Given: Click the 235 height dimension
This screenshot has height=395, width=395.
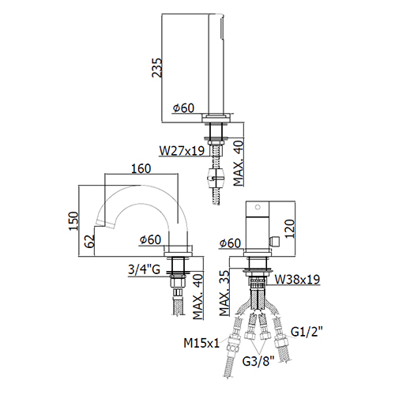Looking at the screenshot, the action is pyautogui.click(x=157, y=68).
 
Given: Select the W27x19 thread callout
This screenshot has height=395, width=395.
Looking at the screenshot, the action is pyautogui.click(x=182, y=151).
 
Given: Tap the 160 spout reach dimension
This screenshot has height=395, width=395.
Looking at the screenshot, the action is pyautogui.click(x=141, y=168).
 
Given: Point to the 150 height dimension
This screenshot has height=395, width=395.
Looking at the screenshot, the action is pyautogui.click(x=73, y=221).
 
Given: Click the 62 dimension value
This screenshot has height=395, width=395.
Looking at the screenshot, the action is pyautogui.click(x=89, y=241).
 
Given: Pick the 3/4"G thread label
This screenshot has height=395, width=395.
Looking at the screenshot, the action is pyautogui.click(x=144, y=269).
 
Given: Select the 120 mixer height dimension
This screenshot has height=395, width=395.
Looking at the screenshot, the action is pyautogui.click(x=289, y=228).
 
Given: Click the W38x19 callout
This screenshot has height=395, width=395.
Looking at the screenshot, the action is pyautogui.click(x=297, y=279).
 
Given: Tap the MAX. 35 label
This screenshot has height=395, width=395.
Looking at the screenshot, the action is pyautogui.click(x=224, y=293).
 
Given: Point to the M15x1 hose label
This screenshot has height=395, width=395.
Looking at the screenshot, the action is pyautogui.click(x=201, y=343).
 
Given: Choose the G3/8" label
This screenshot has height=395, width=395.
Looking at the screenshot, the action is pyautogui.click(x=258, y=361).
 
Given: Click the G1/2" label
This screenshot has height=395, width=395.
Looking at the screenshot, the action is pyautogui.click(x=307, y=332).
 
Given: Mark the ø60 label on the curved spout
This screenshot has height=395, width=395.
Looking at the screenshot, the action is pyautogui.click(x=150, y=239).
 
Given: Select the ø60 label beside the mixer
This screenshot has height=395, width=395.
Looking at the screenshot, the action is pyautogui.click(x=230, y=243).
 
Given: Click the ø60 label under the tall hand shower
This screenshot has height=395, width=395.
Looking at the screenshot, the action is pyautogui.click(x=183, y=108).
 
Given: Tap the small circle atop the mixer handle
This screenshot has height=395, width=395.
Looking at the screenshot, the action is pyautogui.click(x=258, y=207).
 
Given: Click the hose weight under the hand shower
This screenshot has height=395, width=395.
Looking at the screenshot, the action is pyautogui.click(x=216, y=178).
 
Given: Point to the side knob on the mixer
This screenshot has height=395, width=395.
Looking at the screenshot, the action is pyautogui.click(x=274, y=241).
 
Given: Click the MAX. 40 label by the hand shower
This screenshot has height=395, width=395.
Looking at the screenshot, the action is pyautogui.click(x=239, y=164).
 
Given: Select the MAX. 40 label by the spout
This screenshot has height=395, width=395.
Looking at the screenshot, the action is pyautogui.click(x=198, y=297).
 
